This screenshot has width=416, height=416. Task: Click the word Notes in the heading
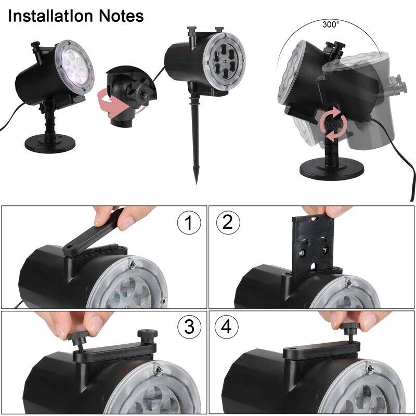point(121,16)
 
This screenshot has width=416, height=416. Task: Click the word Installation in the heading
point(50,16)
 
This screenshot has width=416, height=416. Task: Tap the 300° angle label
point(331,24)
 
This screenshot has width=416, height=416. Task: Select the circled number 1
point(189,223)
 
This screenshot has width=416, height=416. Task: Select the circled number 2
point(228,222)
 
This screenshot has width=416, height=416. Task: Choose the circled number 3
point(189,327)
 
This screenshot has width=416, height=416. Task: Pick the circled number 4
point(226,327)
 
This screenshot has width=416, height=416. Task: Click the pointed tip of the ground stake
point(197,183)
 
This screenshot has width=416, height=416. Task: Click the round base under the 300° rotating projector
point(332,170)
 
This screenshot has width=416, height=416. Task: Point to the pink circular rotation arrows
point(333,124)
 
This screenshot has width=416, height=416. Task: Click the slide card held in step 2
point(313,244)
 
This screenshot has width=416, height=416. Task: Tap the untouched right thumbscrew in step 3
point(148,335)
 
